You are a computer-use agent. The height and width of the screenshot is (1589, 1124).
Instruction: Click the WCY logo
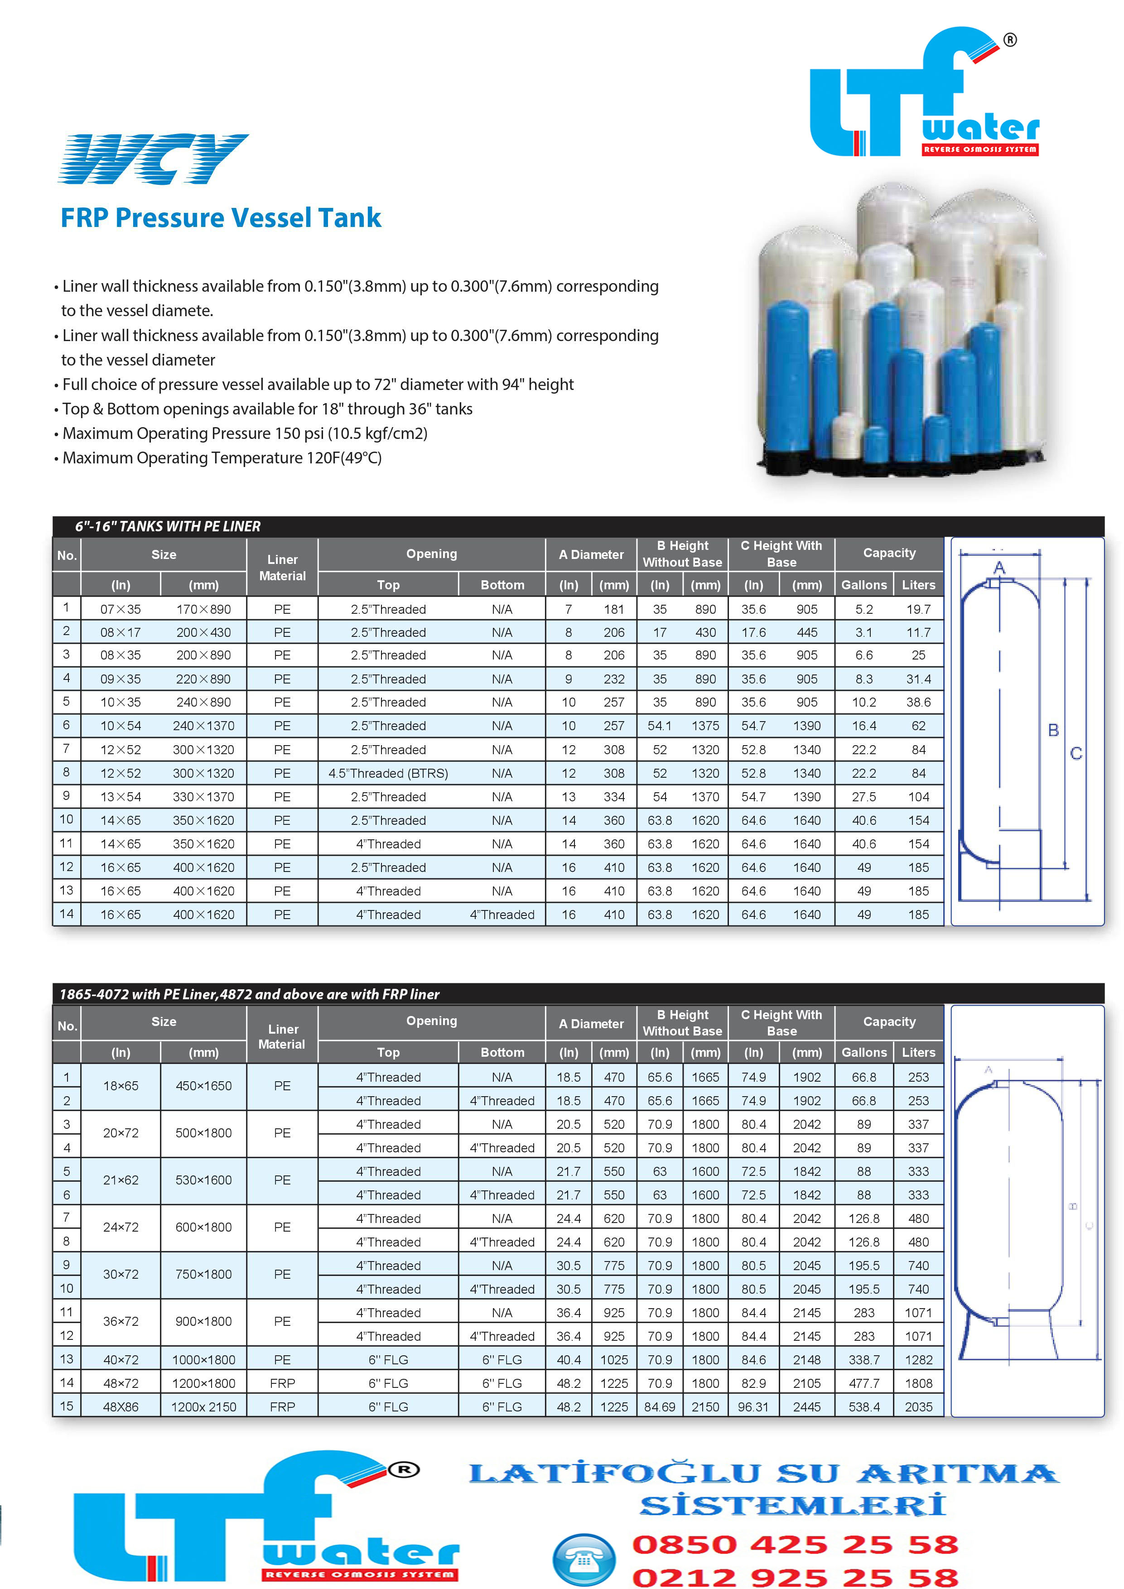(x=153, y=159)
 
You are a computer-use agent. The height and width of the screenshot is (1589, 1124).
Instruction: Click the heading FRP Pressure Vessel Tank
(x=221, y=218)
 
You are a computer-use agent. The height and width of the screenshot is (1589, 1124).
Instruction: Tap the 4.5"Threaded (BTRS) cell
(x=388, y=773)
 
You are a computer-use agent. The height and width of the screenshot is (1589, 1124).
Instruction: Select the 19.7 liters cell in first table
(x=918, y=609)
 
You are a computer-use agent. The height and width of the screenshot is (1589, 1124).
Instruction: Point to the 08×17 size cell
(x=121, y=632)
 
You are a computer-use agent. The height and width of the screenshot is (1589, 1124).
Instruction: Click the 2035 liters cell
(x=918, y=1407)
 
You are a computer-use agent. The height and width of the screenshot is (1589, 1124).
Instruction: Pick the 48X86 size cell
(x=121, y=1407)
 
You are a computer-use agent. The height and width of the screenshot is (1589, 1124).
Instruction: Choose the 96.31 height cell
(x=753, y=1407)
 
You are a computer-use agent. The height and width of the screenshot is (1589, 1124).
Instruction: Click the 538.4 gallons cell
(x=864, y=1407)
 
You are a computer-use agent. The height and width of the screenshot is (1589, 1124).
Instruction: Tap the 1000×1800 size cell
(x=203, y=1360)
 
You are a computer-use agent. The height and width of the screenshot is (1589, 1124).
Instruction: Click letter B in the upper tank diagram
(x=1053, y=730)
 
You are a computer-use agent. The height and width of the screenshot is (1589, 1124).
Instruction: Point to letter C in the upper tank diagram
(x=1076, y=754)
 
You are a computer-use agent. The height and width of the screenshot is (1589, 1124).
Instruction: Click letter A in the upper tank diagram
(x=999, y=568)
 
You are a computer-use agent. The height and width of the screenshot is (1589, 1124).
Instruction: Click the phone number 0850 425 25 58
(x=795, y=1544)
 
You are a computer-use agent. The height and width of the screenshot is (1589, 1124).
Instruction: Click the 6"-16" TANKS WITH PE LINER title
(x=168, y=527)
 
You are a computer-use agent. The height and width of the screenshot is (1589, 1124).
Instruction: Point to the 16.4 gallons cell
(x=864, y=726)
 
